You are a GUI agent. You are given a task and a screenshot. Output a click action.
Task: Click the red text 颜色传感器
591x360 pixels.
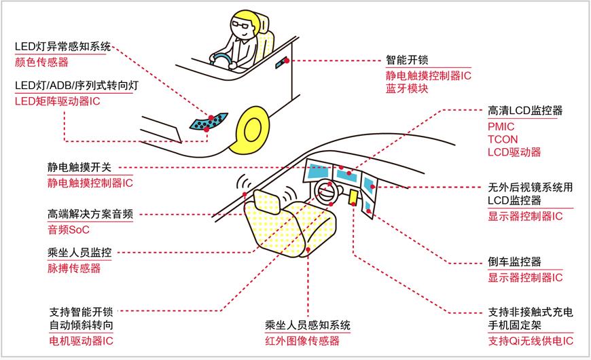[x=41, y=62]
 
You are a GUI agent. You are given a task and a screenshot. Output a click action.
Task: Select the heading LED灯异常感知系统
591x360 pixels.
[x=62, y=47]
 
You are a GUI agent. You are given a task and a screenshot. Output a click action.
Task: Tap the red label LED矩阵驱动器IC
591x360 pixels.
[x=57, y=101]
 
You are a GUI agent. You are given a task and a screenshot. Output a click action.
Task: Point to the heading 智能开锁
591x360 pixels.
[x=407, y=60]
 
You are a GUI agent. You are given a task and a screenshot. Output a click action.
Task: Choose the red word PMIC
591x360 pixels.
[x=501, y=126]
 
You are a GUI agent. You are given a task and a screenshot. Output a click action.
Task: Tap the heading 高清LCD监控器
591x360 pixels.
[x=526, y=111]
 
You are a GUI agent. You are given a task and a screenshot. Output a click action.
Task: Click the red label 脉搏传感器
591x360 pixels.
[x=74, y=268]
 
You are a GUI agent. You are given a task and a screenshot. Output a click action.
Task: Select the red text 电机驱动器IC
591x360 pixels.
[x=82, y=339]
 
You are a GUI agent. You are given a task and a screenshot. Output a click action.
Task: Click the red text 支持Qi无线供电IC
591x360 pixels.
[x=531, y=340]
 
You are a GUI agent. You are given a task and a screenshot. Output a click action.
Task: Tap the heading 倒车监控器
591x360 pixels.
[x=514, y=262]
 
